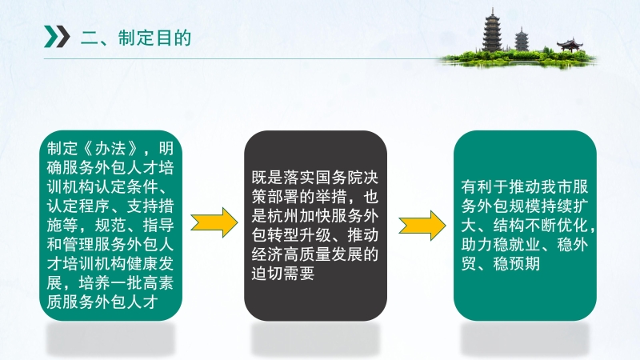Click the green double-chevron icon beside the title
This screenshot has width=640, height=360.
pyautogui.click(x=57, y=37)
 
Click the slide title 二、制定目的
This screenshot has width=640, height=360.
pyautogui.click(x=136, y=38)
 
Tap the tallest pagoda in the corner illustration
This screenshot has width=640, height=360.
pyautogui.click(x=492, y=30)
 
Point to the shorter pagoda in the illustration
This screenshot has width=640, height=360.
pyautogui.click(x=522, y=39)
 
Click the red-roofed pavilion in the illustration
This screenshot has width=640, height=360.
pyautogui.click(x=570, y=45)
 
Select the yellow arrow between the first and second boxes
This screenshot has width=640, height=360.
pyautogui.click(x=214, y=222)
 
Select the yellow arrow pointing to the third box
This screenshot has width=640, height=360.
pyautogui.click(x=422, y=226)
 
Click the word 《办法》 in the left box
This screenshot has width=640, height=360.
pyautogui.click(x=110, y=149)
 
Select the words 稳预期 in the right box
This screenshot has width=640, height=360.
pyautogui.click(x=517, y=264)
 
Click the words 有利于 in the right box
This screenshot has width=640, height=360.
pyautogui.click(x=485, y=187)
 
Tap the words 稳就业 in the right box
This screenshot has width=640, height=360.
pyautogui.click(x=517, y=245)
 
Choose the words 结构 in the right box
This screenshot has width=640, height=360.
pyautogui.click(x=509, y=226)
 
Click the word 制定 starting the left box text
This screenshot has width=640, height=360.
pyautogui.click(x=62, y=149)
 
